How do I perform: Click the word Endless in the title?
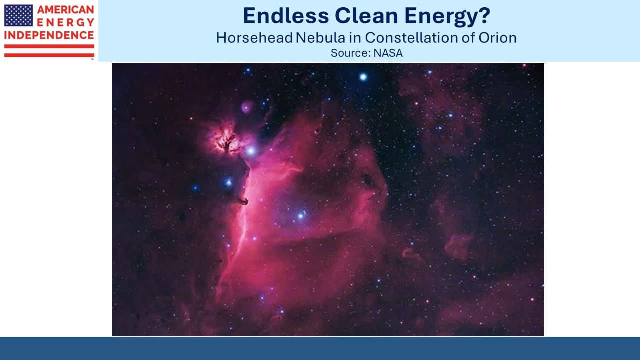click(x=286, y=16)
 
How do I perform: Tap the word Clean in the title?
click(x=367, y=16)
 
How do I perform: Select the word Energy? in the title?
click(x=447, y=17)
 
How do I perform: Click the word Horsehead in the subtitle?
click(x=254, y=38)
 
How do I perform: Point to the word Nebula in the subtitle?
click(x=320, y=38)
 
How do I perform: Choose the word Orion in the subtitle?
click(x=497, y=38)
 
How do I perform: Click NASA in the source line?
click(x=388, y=53)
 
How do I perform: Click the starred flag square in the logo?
click(x=18, y=15)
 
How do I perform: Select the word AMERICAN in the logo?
click(x=65, y=10)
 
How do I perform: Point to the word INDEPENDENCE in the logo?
click(x=49, y=35)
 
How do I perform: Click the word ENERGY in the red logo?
click(x=65, y=22)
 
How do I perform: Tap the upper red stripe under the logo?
click(x=49, y=46)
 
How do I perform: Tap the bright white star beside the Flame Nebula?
click(x=251, y=151)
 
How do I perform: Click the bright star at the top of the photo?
click(x=363, y=77)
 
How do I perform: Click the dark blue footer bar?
click(x=320, y=348)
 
